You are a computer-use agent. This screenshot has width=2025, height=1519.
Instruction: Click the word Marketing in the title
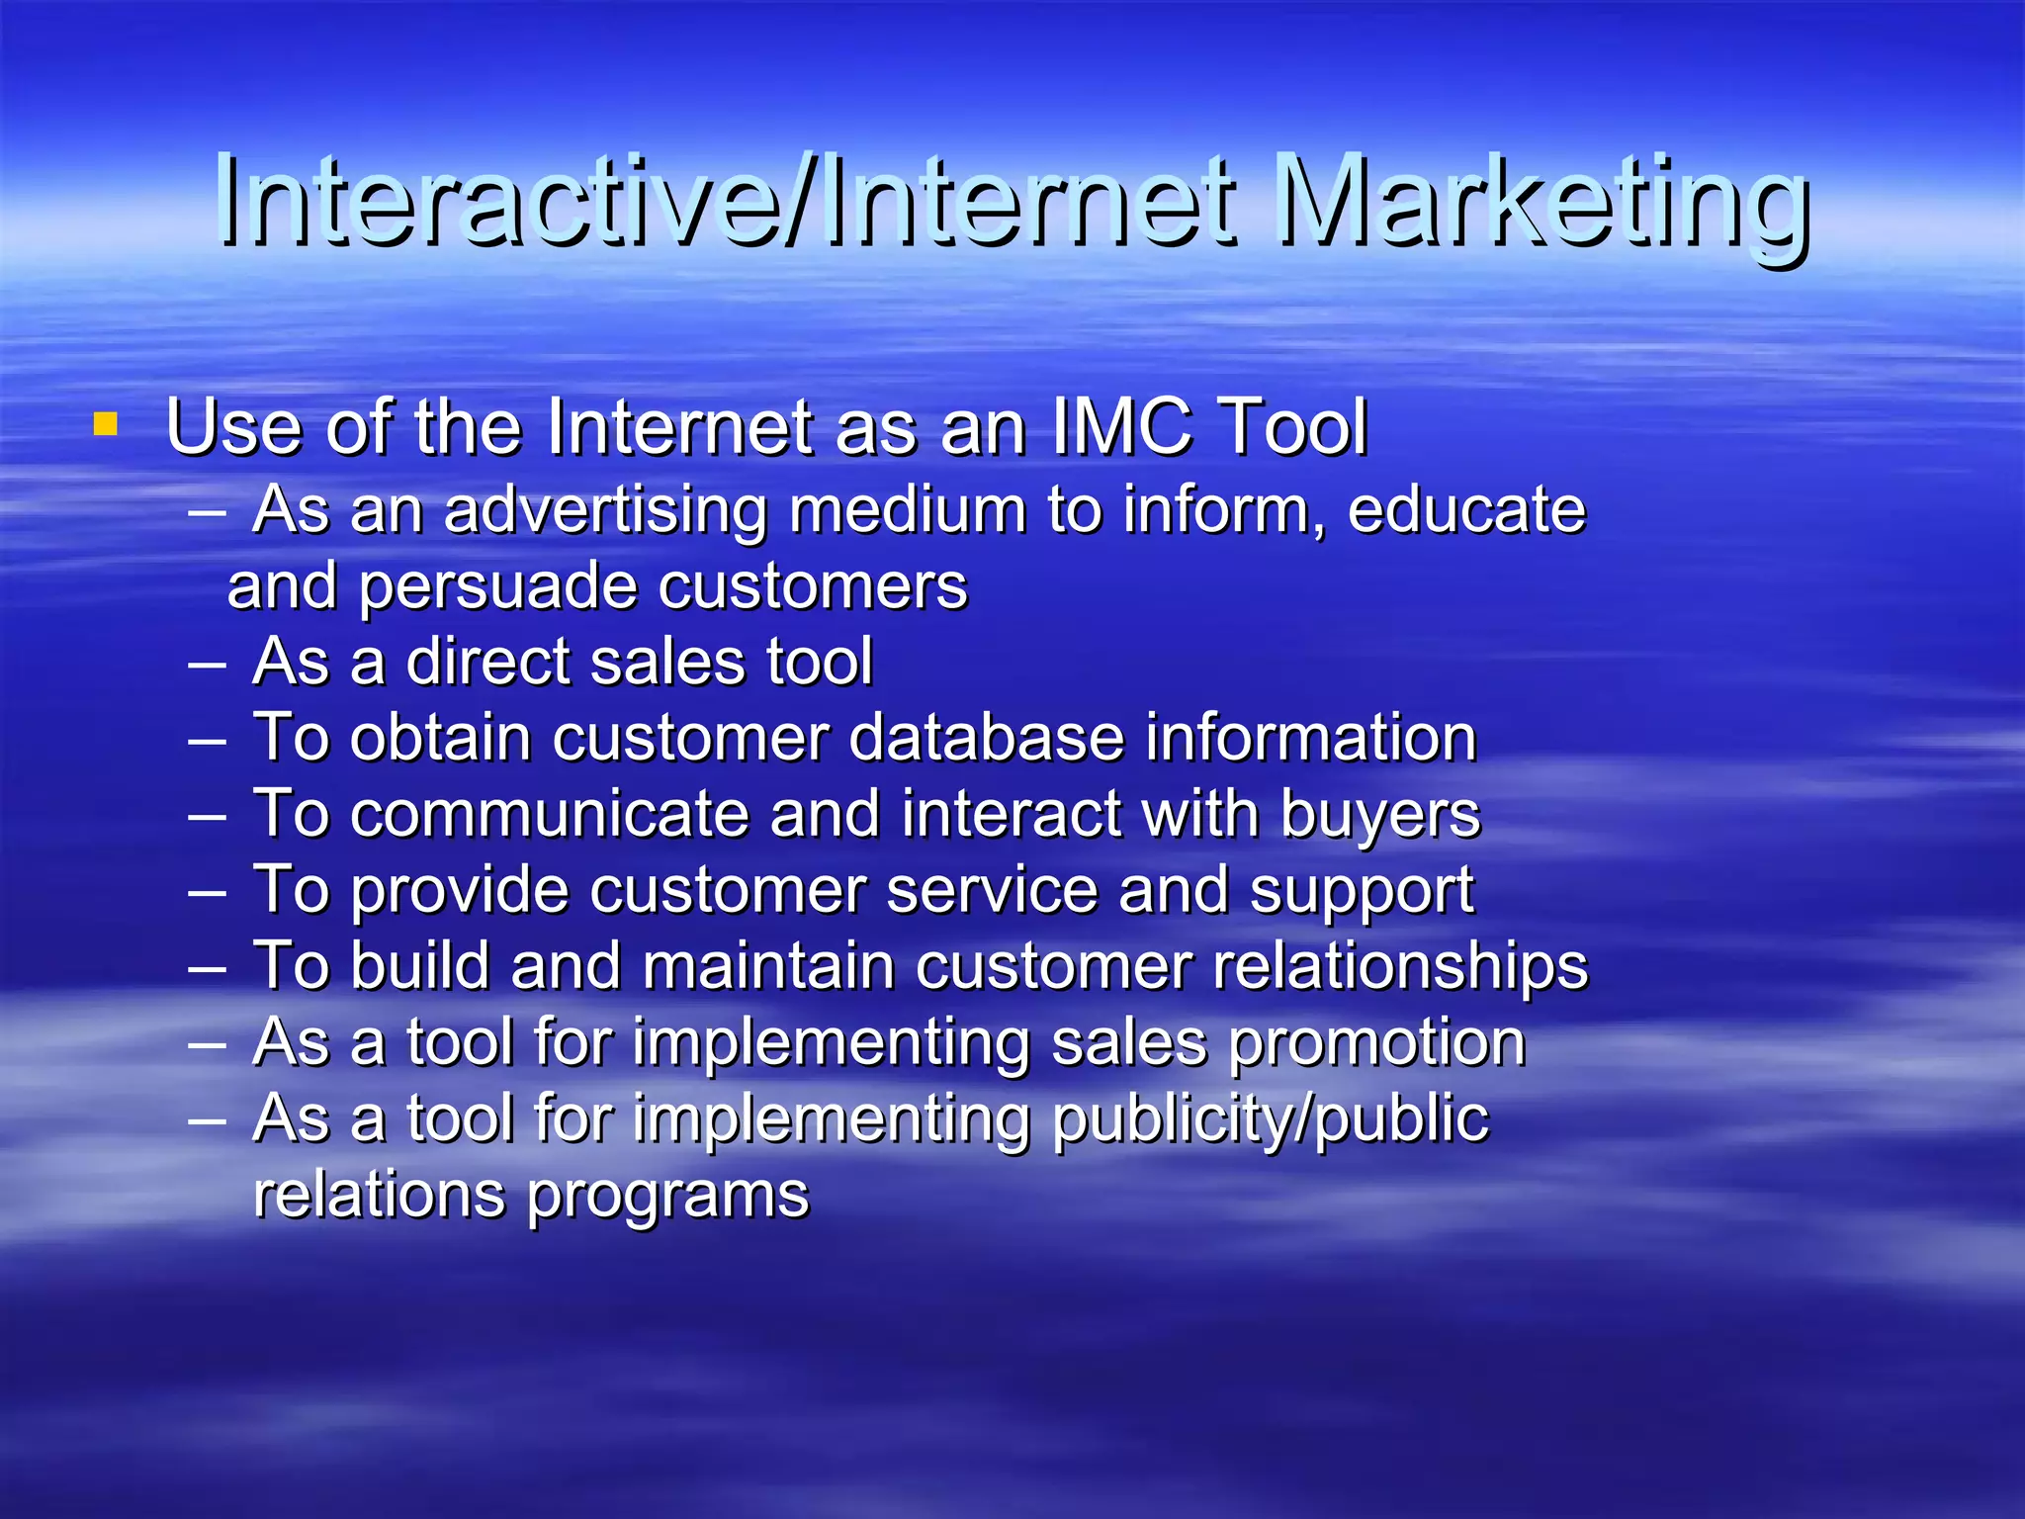[x=1542, y=203]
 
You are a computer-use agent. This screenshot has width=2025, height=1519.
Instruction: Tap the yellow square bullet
[x=105, y=425]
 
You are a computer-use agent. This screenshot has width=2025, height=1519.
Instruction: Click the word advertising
[x=605, y=511]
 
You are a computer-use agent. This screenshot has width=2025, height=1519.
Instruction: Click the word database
[x=986, y=738]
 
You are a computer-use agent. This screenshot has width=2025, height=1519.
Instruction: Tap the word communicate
[x=549, y=814]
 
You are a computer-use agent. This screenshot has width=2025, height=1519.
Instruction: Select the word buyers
[x=1380, y=816]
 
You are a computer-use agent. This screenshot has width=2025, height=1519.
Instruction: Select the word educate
[x=1466, y=511]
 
